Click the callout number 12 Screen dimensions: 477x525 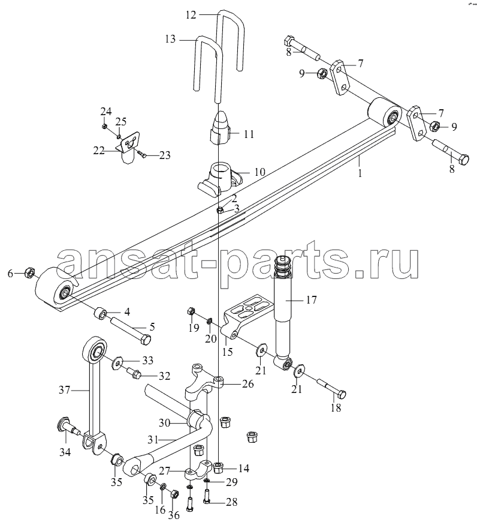coord(191,15)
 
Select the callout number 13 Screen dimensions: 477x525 coord(170,39)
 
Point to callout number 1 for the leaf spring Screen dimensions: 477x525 coord(360,173)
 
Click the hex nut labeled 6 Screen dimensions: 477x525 coord(29,273)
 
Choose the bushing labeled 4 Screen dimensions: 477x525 coord(99,314)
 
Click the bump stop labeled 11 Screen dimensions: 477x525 coord(220,128)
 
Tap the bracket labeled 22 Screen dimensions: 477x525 coord(128,146)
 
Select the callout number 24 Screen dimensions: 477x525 coord(107,111)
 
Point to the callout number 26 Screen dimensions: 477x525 coord(248,383)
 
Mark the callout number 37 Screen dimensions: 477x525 coord(65,390)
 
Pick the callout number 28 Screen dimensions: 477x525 coord(231,502)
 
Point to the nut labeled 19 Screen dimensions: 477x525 coord(191,311)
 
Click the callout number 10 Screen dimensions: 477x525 coord(259,172)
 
